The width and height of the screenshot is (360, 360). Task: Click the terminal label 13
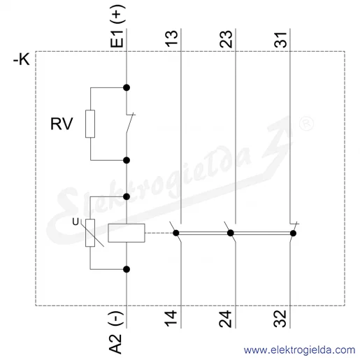[x=171, y=38]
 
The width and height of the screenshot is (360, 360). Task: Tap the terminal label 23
[x=226, y=39]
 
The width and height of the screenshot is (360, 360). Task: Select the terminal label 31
[x=280, y=40]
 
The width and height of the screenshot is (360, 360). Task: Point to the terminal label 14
[x=171, y=319]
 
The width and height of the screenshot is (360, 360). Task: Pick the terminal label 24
[x=226, y=319]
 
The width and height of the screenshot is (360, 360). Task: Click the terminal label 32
[x=280, y=319]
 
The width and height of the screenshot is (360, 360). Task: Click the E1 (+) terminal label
[x=118, y=26]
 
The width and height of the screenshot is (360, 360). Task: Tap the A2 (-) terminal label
[x=116, y=332]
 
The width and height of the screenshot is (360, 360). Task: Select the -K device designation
[x=22, y=59]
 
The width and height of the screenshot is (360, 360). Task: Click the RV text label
[x=62, y=124]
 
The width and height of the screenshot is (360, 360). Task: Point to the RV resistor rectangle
[x=90, y=124]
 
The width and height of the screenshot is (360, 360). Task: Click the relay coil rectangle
[x=127, y=233]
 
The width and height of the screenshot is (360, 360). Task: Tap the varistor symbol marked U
[x=90, y=233]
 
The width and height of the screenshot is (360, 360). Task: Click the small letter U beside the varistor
[x=75, y=222]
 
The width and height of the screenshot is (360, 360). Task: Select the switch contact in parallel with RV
[x=130, y=124]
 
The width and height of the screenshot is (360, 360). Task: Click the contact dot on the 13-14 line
[x=176, y=233]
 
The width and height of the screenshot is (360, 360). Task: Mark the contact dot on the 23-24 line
[x=231, y=233]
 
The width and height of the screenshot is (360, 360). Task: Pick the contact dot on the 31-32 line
[x=293, y=233]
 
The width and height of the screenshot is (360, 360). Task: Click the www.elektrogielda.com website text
[x=299, y=350]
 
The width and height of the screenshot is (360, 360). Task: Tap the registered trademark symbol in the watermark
[x=306, y=123]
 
